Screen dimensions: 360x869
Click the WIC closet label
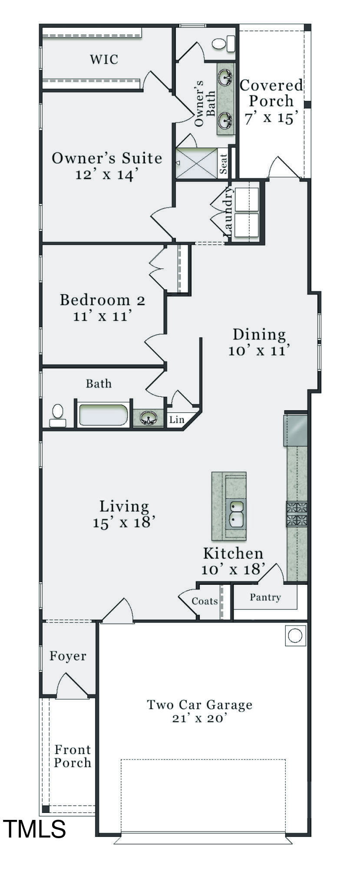(x=104, y=59)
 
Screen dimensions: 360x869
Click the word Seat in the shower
(x=223, y=164)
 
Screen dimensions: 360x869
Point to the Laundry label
(x=228, y=212)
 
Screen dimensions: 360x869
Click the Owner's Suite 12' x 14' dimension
(x=107, y=174)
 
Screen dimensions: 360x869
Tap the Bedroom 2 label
(x=102, y=300)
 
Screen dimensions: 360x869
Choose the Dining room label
(x=259, y=334)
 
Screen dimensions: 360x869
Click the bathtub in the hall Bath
(x=103, y=415)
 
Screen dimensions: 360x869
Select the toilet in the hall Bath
(x=57, y=416)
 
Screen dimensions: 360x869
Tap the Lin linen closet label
(x=176, y=420)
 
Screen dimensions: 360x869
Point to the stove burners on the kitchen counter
(x=297, y=514)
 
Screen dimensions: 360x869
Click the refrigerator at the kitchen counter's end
(x=295, y=430)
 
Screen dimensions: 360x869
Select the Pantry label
(x=265, y=597)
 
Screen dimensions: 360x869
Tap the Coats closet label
(x=205, y=601)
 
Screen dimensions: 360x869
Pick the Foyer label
(x=68, y=656)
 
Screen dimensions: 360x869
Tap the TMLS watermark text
(x=35, y=828)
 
